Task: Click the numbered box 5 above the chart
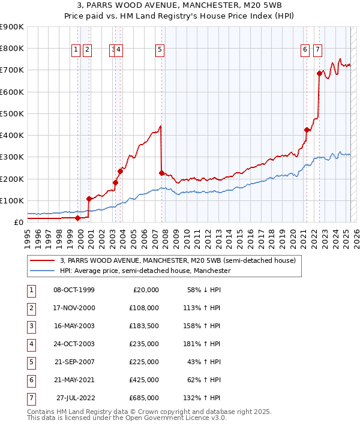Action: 160,50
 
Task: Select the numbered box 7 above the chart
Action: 317,50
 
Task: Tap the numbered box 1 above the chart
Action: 77,50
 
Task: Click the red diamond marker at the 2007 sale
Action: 161,173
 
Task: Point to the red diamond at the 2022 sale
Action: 319,73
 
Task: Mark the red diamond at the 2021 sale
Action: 307,130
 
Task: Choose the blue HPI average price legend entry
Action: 145,271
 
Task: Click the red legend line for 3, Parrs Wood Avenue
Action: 42,261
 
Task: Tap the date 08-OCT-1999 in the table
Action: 74,290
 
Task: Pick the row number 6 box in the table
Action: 31,380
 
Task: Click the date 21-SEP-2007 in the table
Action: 74,362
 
